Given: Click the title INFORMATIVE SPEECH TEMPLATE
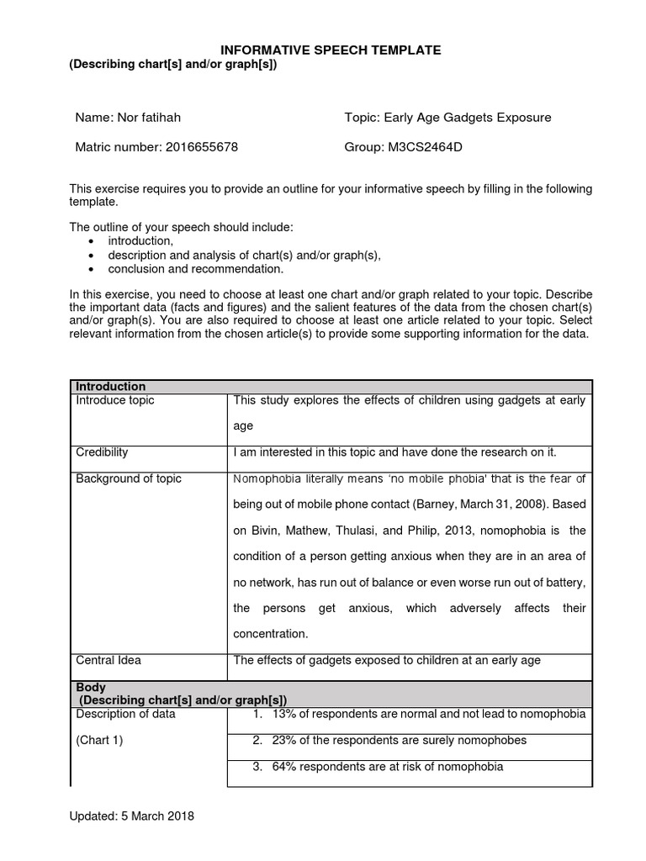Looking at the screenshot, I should pos(330,50).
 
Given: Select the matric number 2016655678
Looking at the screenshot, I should pos(202,147).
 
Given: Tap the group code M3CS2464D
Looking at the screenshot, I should pos(425,147).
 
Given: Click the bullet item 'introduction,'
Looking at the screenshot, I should pos(140,241).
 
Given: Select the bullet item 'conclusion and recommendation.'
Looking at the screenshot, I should pos(196,269).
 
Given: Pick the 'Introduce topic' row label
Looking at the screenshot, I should pos(115,400).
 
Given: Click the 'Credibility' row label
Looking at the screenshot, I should pos(102,452).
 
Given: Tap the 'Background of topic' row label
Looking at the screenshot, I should pos(129,478).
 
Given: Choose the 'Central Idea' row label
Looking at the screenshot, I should pos(109,660).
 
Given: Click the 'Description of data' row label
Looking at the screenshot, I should pos(126,714).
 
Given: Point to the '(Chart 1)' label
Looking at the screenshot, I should pos(99,741).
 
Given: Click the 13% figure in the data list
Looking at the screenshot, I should pos(284,714).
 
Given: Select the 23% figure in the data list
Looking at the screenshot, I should pos(284,741).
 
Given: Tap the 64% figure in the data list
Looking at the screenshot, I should pos(284,766).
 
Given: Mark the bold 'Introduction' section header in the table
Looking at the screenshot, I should pos(111,386).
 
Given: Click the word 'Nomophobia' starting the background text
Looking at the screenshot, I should pos(267,478).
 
